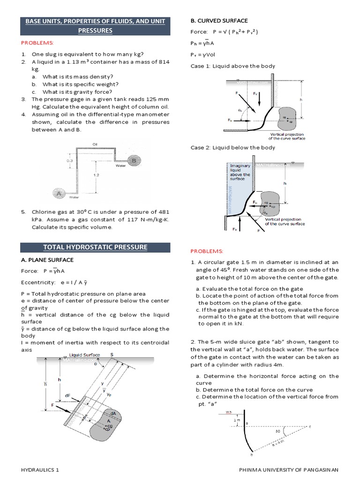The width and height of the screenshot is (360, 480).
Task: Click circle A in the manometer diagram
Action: click(59, 193)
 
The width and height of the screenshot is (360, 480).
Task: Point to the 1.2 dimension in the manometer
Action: click(96, 174)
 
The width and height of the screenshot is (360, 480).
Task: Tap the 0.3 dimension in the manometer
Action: click(69, 160)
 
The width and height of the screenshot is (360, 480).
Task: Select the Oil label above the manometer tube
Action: click(95, 144)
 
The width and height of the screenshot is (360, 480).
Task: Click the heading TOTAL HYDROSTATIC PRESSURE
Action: click(95, 247)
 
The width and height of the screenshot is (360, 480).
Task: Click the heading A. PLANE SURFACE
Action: click(47, 260)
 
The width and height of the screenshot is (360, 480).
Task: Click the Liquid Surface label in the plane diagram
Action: click(85, 355)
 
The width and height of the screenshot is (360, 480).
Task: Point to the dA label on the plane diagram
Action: click(112, 412)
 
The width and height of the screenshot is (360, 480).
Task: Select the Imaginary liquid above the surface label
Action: click(240, 172)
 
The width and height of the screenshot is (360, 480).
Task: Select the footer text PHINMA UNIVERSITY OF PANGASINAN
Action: click(288, 469)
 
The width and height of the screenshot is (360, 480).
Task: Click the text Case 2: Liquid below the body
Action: click(233, 148)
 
